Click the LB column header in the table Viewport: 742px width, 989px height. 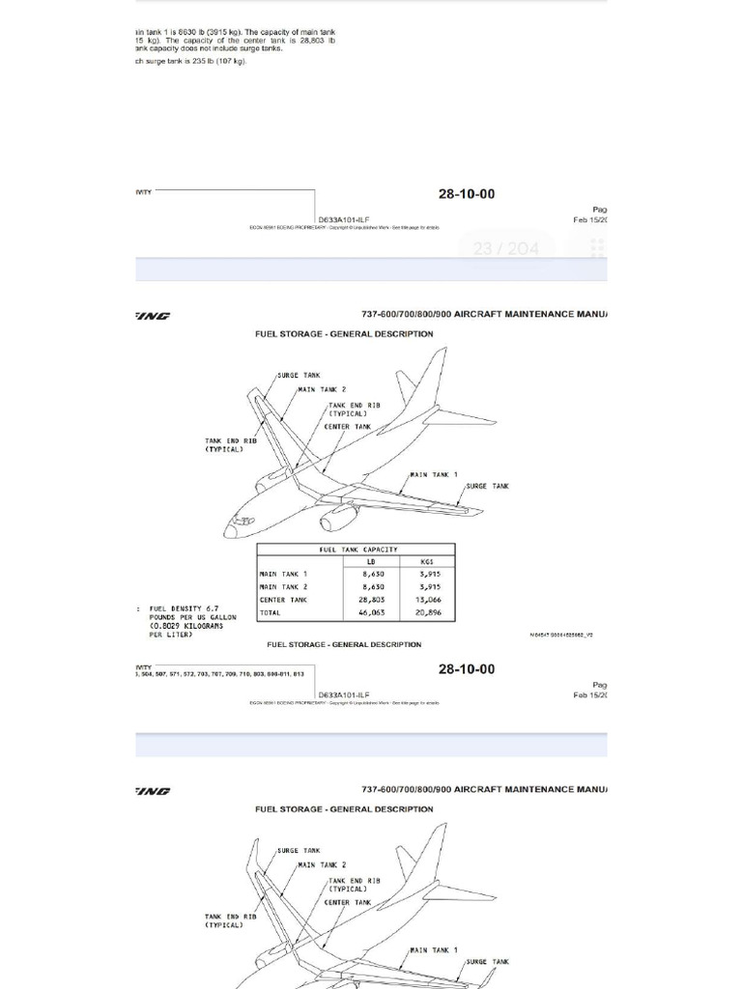point(370,561)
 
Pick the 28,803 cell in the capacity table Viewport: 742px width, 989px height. point(371,600)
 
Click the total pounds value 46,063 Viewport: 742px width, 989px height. point(371,613)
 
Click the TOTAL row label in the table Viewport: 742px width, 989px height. point(271,613)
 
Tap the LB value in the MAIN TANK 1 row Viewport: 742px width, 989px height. point(371,574)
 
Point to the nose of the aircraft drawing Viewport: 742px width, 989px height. point(232,529)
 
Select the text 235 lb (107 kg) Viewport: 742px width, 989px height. point(217,61)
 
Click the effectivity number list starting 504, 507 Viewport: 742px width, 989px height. point(221,673)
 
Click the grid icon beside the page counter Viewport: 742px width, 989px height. point(597,248)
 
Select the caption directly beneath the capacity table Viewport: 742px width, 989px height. point(344,644)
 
